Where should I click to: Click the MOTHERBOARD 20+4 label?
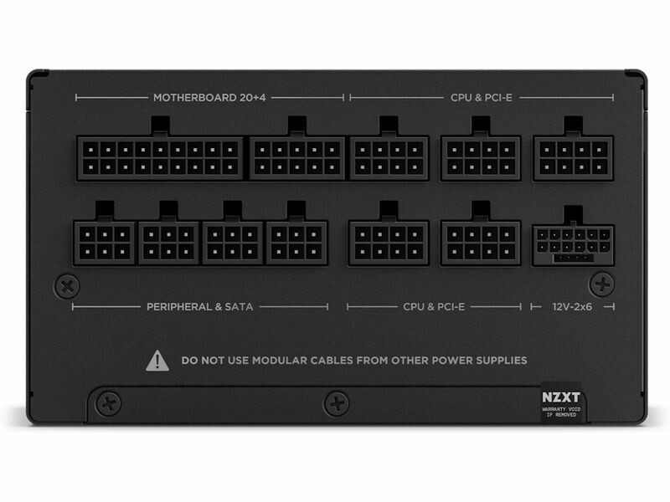pos(209,98)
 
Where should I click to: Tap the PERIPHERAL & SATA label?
pos(199,307)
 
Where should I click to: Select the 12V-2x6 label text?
pos(572,307)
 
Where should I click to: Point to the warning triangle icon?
pos(157,361)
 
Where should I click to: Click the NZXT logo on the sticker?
pos(561,397)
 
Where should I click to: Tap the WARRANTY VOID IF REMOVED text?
pos(561,412)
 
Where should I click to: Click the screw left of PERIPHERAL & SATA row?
pos(67,286)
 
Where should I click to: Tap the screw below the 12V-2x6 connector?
pos(602,284)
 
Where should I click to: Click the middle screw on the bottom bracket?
pos(337,403)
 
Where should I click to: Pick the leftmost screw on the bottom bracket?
pos(108,403)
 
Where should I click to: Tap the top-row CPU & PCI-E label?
pos(481,98)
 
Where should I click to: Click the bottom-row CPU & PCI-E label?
pos(434,307)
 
